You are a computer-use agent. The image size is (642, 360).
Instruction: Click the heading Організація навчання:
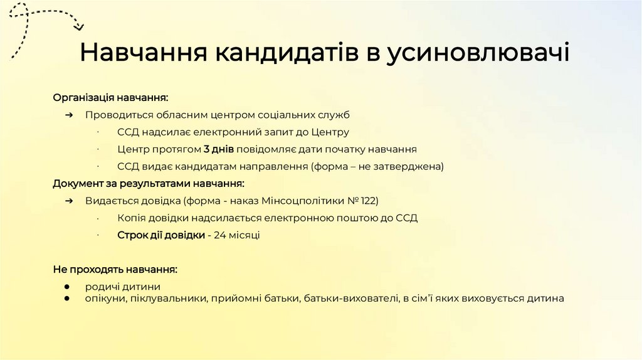click(x=110, y=98)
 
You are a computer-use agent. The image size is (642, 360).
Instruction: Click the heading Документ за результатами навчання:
click(x=148, y=184)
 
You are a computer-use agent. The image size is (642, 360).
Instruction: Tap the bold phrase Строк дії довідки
click(x=161, y=235)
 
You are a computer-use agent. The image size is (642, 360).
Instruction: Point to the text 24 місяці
click(x=236, y=235)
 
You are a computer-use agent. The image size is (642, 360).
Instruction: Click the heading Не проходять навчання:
click(x=115, y=269)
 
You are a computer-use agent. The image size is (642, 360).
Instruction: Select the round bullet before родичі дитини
click(x=67, y=287)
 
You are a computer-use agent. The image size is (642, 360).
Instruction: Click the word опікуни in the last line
click(x=104, y=299)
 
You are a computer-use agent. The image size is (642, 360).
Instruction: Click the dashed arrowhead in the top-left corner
click(x=78, y=26)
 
